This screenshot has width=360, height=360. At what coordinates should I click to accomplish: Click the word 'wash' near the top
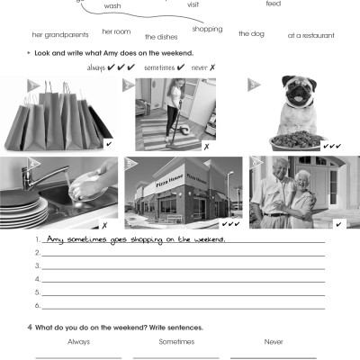[112, 5]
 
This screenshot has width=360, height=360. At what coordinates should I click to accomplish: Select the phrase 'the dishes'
[162, 37]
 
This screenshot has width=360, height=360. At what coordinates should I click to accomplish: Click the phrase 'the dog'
[250, 33]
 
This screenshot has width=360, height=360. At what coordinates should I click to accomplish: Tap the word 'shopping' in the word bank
[207, 29]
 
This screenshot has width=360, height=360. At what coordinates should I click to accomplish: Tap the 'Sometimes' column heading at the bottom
[176, 341]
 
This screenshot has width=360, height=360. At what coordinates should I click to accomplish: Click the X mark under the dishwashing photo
[105, 223]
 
